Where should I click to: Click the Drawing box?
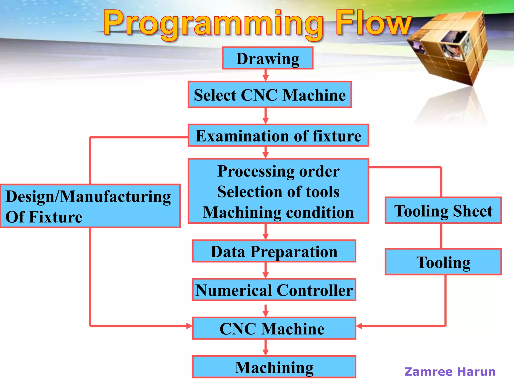tap(268, 58)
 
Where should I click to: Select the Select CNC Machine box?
tap(270, 95)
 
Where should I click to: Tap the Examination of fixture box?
tap(278, 135)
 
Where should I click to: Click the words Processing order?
tap(278, 171)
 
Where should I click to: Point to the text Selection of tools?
tap(278, 192)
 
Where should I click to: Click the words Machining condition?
tap(278, 212)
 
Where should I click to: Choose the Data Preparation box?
tap(274, 251)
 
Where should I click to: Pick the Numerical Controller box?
tap(274, 290)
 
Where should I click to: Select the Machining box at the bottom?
tap(274, 367)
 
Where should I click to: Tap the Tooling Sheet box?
tap(443, 211)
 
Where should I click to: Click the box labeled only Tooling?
tap(443, 262)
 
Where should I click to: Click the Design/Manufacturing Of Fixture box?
tap(90, 206)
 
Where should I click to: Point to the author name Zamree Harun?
tap(450, 372)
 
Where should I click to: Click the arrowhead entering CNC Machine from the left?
tap(189, 326)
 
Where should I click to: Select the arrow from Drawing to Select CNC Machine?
tap(266, 75)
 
